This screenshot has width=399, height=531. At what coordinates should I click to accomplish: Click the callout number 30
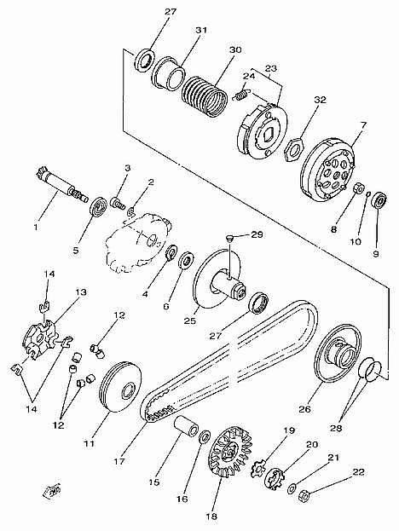pos(235,49)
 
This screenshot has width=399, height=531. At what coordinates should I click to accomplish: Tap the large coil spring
pos(204,96)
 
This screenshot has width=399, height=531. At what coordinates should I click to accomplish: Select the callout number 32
pos(320,100)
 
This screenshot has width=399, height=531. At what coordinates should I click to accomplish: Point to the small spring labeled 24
pos(242,94)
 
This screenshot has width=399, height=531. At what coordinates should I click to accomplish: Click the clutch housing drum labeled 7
pos(328,169)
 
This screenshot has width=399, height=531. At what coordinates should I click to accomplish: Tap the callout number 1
pos(36,226)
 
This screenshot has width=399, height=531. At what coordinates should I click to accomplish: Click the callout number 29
pos(257,234)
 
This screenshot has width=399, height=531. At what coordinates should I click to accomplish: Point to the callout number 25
pos(189,320)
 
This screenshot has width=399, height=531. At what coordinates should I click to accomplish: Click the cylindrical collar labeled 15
pos(186,425)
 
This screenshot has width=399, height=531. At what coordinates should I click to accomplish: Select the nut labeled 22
pos(304,496)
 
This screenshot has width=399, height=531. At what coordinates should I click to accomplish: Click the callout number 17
pos(119,461)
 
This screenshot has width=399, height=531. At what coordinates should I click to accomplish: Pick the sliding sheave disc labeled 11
pos(121,387)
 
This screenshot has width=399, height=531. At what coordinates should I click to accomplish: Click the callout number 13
pos(81,291)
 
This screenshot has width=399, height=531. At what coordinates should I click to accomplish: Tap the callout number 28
pos(338,428)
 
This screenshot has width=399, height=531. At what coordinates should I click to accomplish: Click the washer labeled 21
pos(292,488)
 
